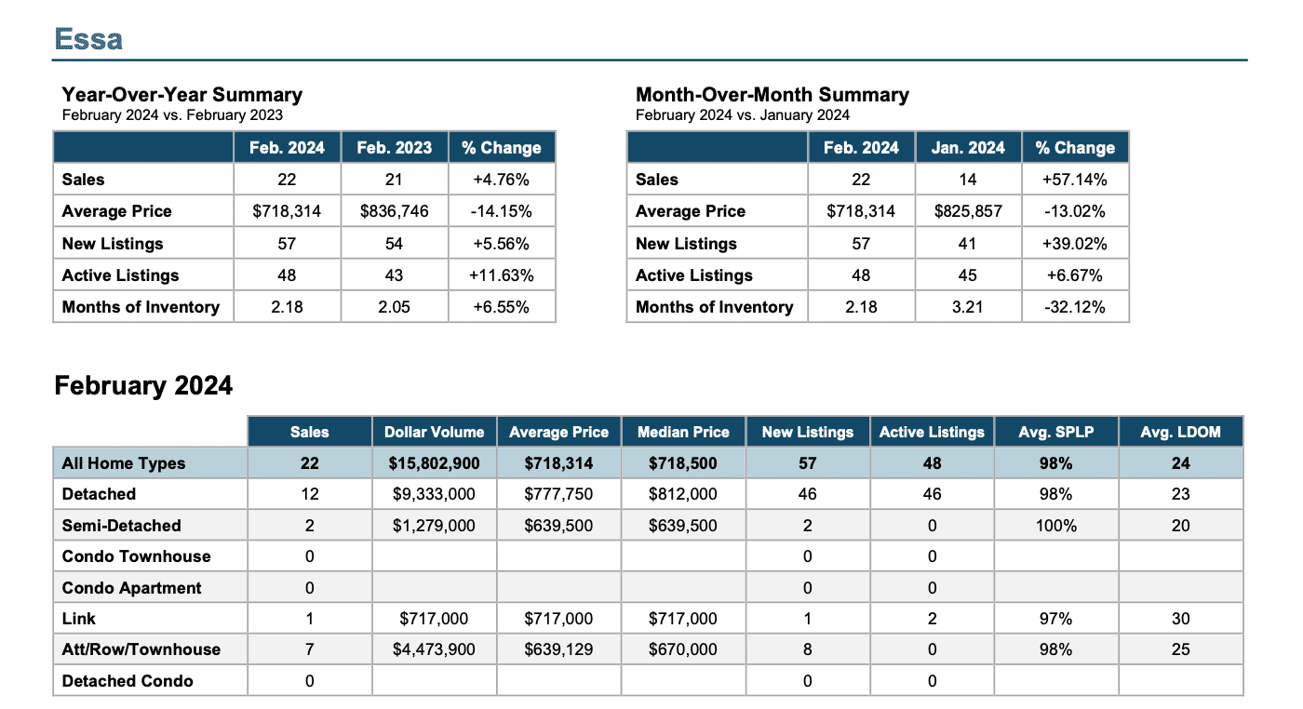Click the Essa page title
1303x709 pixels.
tap(88, 39)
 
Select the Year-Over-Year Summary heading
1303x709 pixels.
tap(182, 94)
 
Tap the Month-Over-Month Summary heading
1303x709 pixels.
tap(772, 94)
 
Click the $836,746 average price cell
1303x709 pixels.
tap(394, 211)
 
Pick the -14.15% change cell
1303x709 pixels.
tap(501, 211)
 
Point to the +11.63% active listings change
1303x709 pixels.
tap(501, 275)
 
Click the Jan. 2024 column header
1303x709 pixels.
tap(968, 148)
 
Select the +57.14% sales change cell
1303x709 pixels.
tap(1074, 180)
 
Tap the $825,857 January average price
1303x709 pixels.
tap(968, 211)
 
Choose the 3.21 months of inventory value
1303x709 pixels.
tap(967, 306)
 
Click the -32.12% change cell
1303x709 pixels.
tap(1074, 306)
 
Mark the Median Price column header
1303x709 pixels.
tap(683, 432)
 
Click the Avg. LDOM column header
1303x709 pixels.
tap(1180, 432)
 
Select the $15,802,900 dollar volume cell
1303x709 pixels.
tap(434, 463)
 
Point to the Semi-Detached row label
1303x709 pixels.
tap(122, 525)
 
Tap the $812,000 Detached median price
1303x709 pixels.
tap(683, 494)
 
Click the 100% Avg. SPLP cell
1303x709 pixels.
tap(1055, 525)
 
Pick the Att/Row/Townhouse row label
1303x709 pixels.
tap(141, 649)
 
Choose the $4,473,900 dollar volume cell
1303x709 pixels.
tap(434, 649)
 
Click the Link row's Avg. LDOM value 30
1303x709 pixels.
tap(1180, 618)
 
